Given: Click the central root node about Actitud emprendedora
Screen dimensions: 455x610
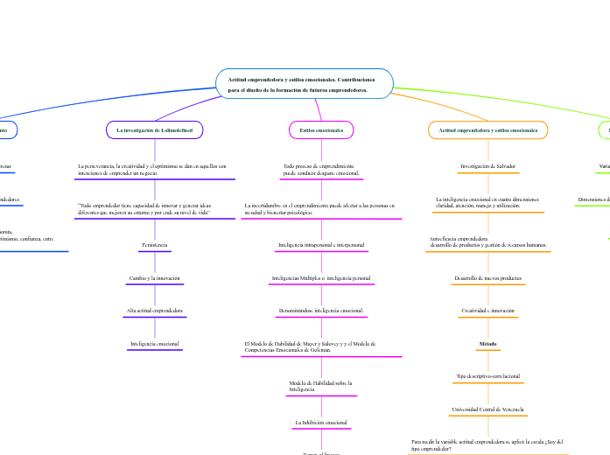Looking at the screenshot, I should click(x=304, y=84).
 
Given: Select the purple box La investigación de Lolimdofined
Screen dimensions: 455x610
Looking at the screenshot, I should click(x=155, y=129).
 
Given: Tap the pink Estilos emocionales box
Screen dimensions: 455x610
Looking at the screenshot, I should click(x=321, y=129).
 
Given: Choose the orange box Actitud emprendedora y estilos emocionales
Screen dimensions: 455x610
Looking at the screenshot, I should click(x=487, y=129).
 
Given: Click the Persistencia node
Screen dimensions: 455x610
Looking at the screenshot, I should click(x=154, y=244).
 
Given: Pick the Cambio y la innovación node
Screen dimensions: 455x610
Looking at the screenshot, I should click(x=154, y=277).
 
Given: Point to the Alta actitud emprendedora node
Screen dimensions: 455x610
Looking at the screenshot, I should click(x=154, y=311).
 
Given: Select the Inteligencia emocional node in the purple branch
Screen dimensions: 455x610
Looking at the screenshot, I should click(x=154, y=344).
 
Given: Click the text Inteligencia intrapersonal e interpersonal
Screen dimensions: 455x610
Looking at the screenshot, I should click(x=321, y=244).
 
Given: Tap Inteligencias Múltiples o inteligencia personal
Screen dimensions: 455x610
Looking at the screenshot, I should click(x=321, y=277).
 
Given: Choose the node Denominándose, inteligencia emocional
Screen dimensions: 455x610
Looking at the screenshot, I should click(x=321, y=311).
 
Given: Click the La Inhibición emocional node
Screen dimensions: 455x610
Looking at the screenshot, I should click(x=321, y=422).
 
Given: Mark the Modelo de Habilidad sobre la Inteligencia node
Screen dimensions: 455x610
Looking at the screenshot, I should click(x=320, y=385).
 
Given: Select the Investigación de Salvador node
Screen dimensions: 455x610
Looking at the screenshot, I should click(x=487, y=165).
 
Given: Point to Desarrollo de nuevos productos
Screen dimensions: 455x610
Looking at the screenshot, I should click(x=487, y=277).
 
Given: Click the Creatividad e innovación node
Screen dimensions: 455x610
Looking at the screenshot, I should click(x=487, y=311).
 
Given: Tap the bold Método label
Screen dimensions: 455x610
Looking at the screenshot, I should click(x=487, y=344).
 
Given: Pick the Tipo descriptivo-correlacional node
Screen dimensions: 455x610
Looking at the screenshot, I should click(x=487, y=376).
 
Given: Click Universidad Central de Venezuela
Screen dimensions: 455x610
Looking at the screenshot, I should click(x=487, y=409).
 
